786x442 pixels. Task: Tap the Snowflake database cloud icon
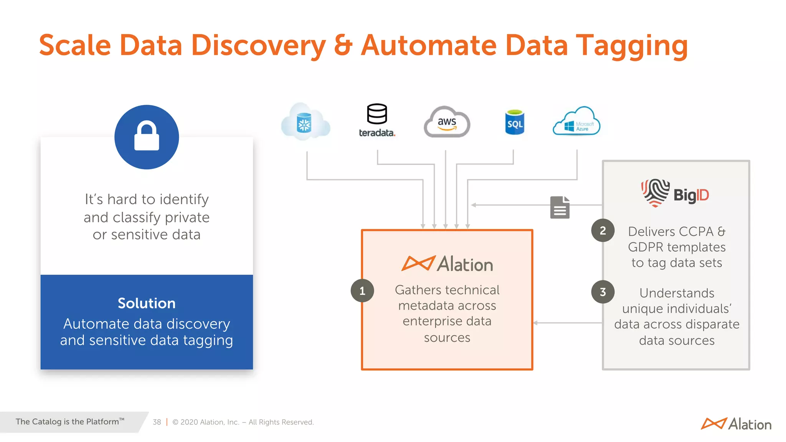coord(305,123)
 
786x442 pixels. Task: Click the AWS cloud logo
coord(447,122)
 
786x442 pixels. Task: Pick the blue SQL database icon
coord(515,122)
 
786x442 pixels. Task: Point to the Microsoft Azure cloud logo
coord(576,122)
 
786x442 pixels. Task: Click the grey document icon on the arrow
coord(560,207)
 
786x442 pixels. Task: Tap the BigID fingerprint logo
coord(655,193)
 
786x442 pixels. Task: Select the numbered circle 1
coord(362,291)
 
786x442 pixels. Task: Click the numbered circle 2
coord(603,230)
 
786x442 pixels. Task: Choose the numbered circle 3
coord(603,292)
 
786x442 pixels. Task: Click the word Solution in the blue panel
coord(147,303)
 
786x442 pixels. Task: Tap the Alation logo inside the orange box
coord(447,264)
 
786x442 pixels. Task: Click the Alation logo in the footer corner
coord(736,424)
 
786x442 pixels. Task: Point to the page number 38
coord(157,422)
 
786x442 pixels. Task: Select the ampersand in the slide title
coord(343,45)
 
